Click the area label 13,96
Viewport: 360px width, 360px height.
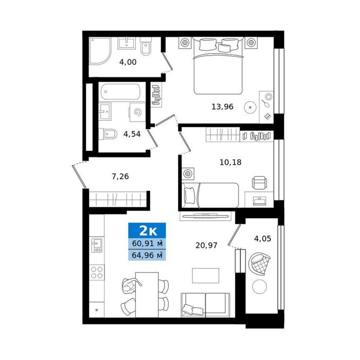tap(222, 107)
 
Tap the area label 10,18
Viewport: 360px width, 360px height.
tap(230, 163)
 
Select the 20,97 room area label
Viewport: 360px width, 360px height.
tap(206, 245)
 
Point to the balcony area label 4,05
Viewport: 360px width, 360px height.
tap(262, 239)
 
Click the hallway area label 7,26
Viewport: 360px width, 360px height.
tap(120, 176)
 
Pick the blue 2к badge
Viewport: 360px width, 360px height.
tap(147, 230)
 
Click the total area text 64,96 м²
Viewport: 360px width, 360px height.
tap(147, 255)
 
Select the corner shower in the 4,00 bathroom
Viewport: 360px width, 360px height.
tap(100, 50)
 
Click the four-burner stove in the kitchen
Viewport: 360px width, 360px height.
tap(97, 272)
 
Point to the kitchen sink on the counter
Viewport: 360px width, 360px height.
tap(97, 245)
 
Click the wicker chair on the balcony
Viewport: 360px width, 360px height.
tap(259, 264)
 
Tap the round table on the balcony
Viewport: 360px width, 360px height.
tap(259, 286)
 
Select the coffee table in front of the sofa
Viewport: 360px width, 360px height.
tap(206, 276)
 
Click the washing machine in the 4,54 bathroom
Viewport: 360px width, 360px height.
tap(137, 112)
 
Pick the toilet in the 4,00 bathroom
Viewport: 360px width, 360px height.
tap(146, 47)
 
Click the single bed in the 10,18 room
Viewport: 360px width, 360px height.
tap(210, 195)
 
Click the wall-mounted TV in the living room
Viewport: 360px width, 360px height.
tap(205, 216)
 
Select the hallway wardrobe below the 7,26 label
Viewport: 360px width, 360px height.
tap(118, 199)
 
